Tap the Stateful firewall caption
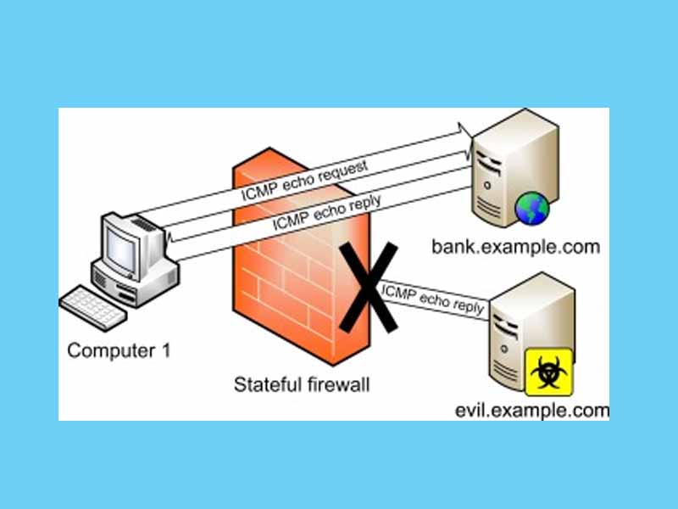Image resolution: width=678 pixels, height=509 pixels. click(302, 385)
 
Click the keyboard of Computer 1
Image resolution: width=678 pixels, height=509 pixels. click(93, 305)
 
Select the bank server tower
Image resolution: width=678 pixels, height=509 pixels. click(508, 174)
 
